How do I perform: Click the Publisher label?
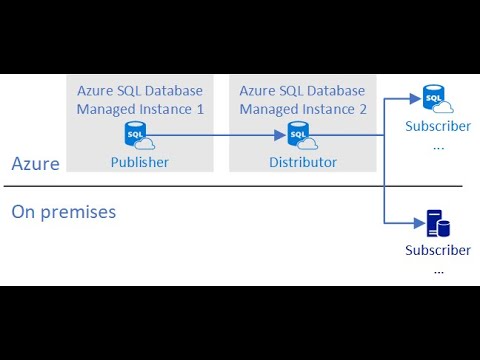click(x=139, y=162)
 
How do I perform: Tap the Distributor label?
click(x=303, y=162)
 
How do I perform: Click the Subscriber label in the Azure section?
click(x=437, y=126)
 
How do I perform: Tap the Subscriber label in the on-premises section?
click(x=437, y=250)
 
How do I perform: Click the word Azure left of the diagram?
click(x=35, y=163)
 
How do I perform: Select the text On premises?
click(x=63, y=212)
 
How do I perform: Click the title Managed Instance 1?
click(x=140, y=108)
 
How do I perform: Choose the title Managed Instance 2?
click(x=303, y=108)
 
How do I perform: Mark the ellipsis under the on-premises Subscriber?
click(x=437, y=268)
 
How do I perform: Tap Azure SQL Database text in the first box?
click(x=140, y=90)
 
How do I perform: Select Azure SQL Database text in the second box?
click(x=303, y=90)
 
